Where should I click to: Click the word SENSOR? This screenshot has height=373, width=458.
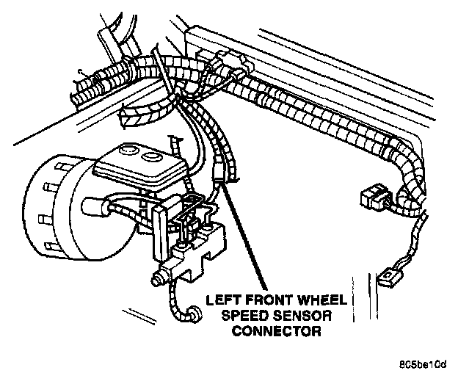[x=299, y=315]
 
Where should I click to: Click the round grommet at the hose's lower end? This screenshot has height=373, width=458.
[x=193, y=315]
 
